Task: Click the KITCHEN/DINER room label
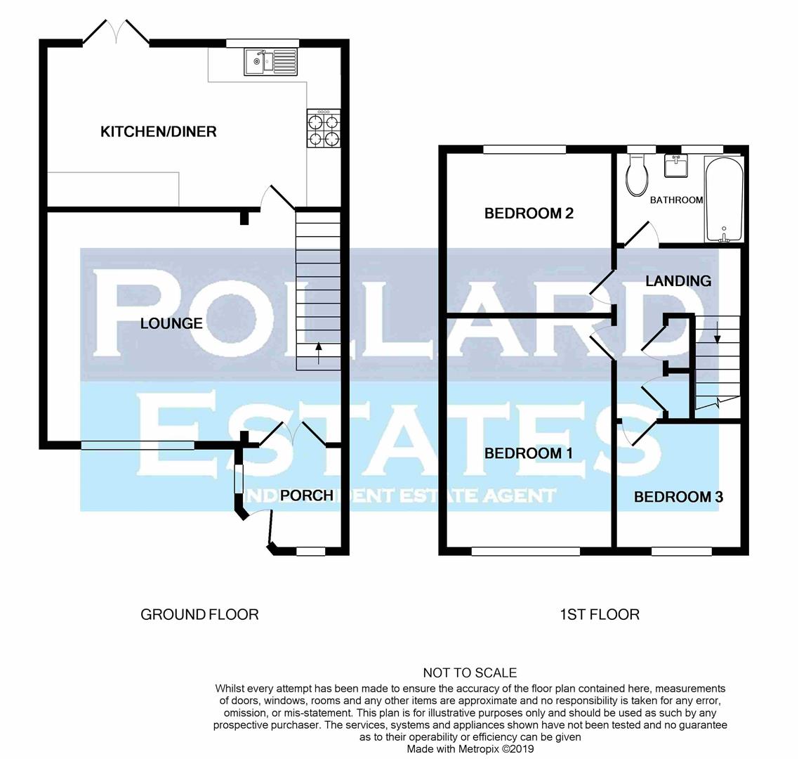click(x=159, y=131)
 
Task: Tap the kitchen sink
click(x=270, y=63)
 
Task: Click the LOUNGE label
click(x=171, y=323)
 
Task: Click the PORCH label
click(x=306, y=495)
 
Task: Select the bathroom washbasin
click(x=677, y=167)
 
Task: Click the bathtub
click(x=723, y=200)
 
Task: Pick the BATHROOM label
click(x=676, y=200)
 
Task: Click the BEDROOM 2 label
click(x=529, y=213)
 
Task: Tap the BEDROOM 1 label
click(x=529, y=453)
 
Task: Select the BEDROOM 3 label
click(x=678, y=497)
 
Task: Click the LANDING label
click(x=678, y=281)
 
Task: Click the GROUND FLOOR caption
click(x=199, y=615)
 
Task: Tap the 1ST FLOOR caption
click(x=600, y=615)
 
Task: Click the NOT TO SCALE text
click(x=470, y=673)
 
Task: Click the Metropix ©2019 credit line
click(x=470, y=749)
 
